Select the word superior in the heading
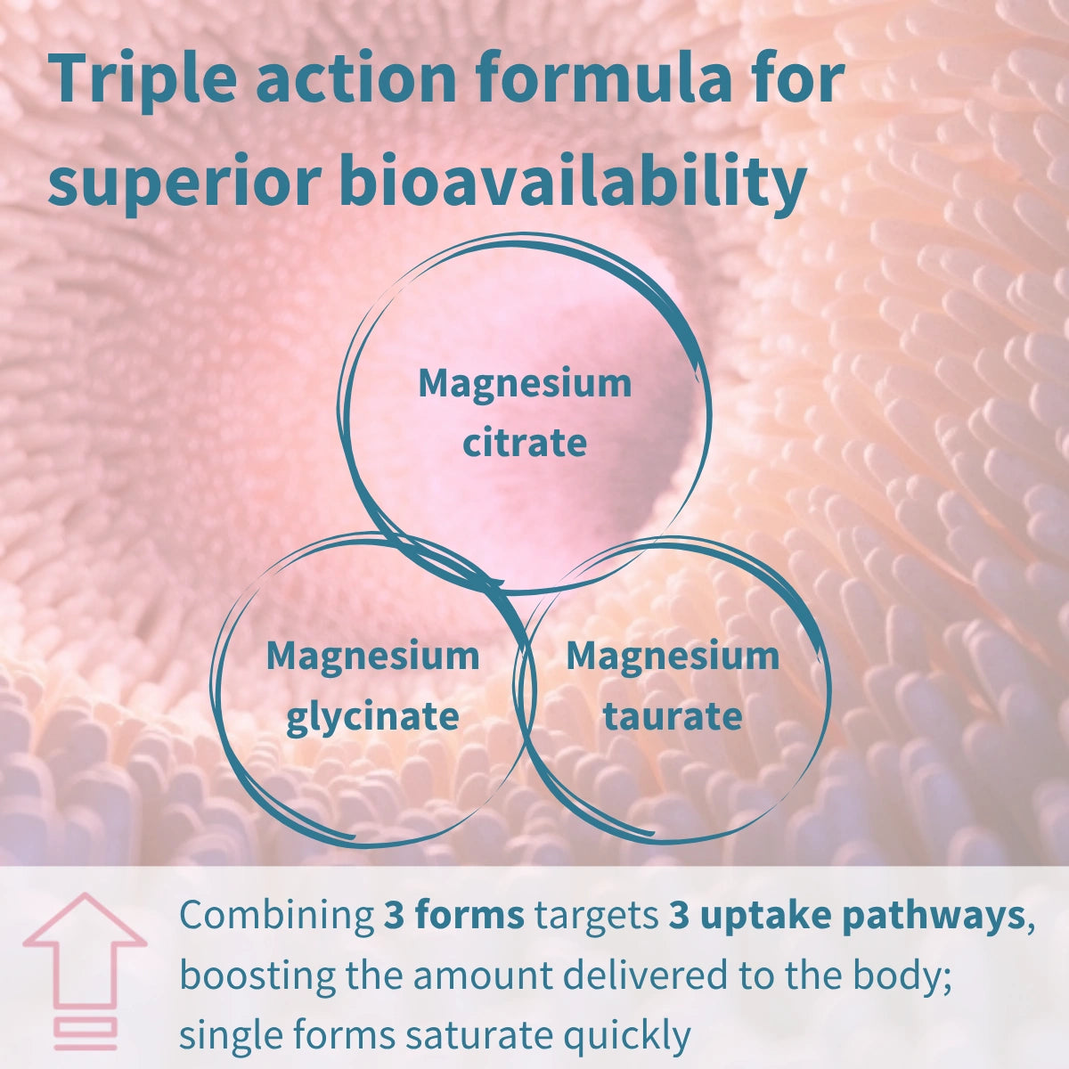(x=184, y=183)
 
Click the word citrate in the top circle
(x=525, y=443)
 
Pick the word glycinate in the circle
(x=372, y=716)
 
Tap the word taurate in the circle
(x=673, y=716)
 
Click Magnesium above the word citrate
(x=525, y=384)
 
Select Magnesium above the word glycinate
(x=372, y=657)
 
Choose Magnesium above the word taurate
(x=673, y=657)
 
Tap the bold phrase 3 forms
(x=453, y=918)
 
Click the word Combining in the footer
(x=276, y=918)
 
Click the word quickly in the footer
(x=627, y=1035)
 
